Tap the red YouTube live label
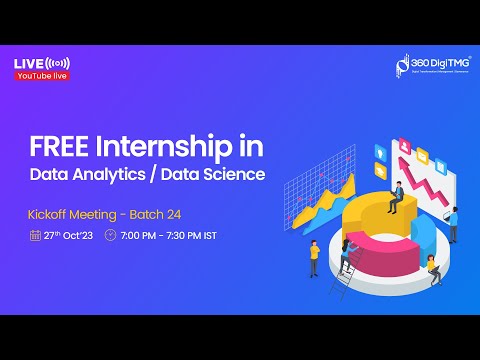42,75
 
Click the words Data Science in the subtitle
220,175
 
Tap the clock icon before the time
110,237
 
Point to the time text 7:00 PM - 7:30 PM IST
167,237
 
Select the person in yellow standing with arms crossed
313,256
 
